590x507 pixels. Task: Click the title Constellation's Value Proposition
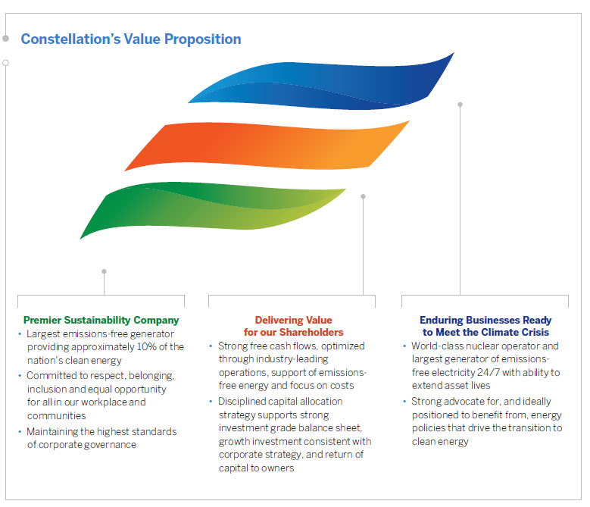pos(131,39)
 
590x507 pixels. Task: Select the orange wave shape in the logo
pos(267,145)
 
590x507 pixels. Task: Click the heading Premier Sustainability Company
pos(101,320)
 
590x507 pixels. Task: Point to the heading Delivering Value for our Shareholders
pos(294,326)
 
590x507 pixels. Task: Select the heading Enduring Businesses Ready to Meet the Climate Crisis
pos(485,326)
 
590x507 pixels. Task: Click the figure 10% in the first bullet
pos(146,346)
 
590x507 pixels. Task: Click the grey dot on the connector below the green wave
pos(105,271)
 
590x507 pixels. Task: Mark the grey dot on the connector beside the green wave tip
pos(363,196)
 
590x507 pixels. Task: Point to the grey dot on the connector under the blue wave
pos(460,105)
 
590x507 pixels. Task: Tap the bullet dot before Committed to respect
pos(20,376)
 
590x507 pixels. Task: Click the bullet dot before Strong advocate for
pos(404,402)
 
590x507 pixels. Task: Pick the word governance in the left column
pos(110,445)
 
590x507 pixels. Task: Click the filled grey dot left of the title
pos(5,39)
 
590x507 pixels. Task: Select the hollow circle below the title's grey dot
pos(5,63)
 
